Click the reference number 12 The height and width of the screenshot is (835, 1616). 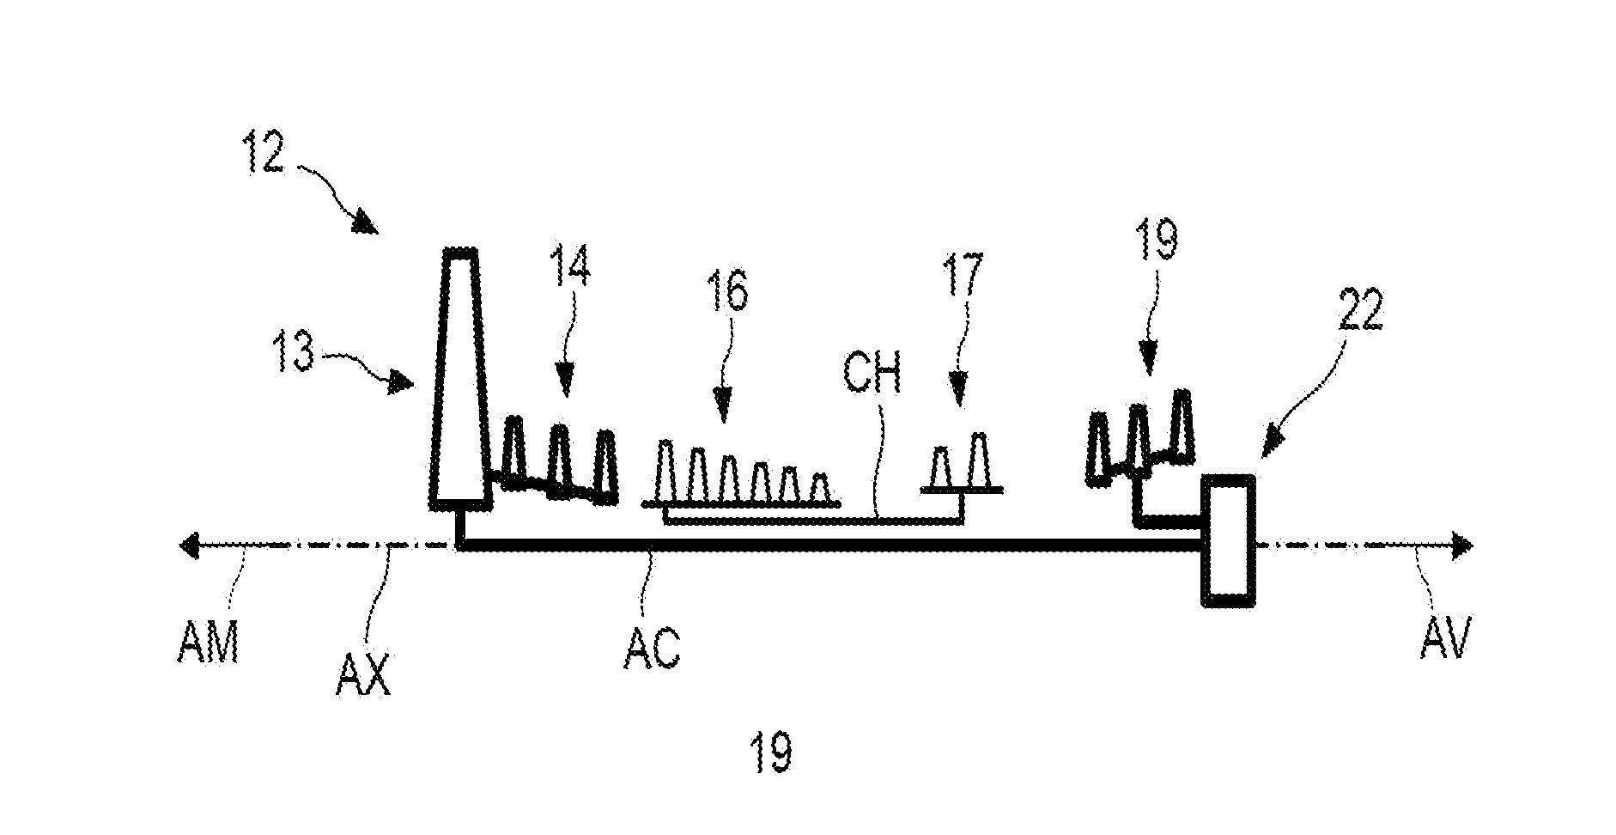point(262,151)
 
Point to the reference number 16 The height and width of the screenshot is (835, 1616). point(727,291)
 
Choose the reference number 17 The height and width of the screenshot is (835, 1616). point(963,274)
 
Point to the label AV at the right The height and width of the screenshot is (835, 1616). point(1446,640)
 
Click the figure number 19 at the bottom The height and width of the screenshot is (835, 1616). point(770,752)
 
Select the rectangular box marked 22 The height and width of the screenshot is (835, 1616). point(1228,540)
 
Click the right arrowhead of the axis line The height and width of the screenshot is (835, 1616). point(1462,545)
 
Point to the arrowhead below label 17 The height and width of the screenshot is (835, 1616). point(958,393)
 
